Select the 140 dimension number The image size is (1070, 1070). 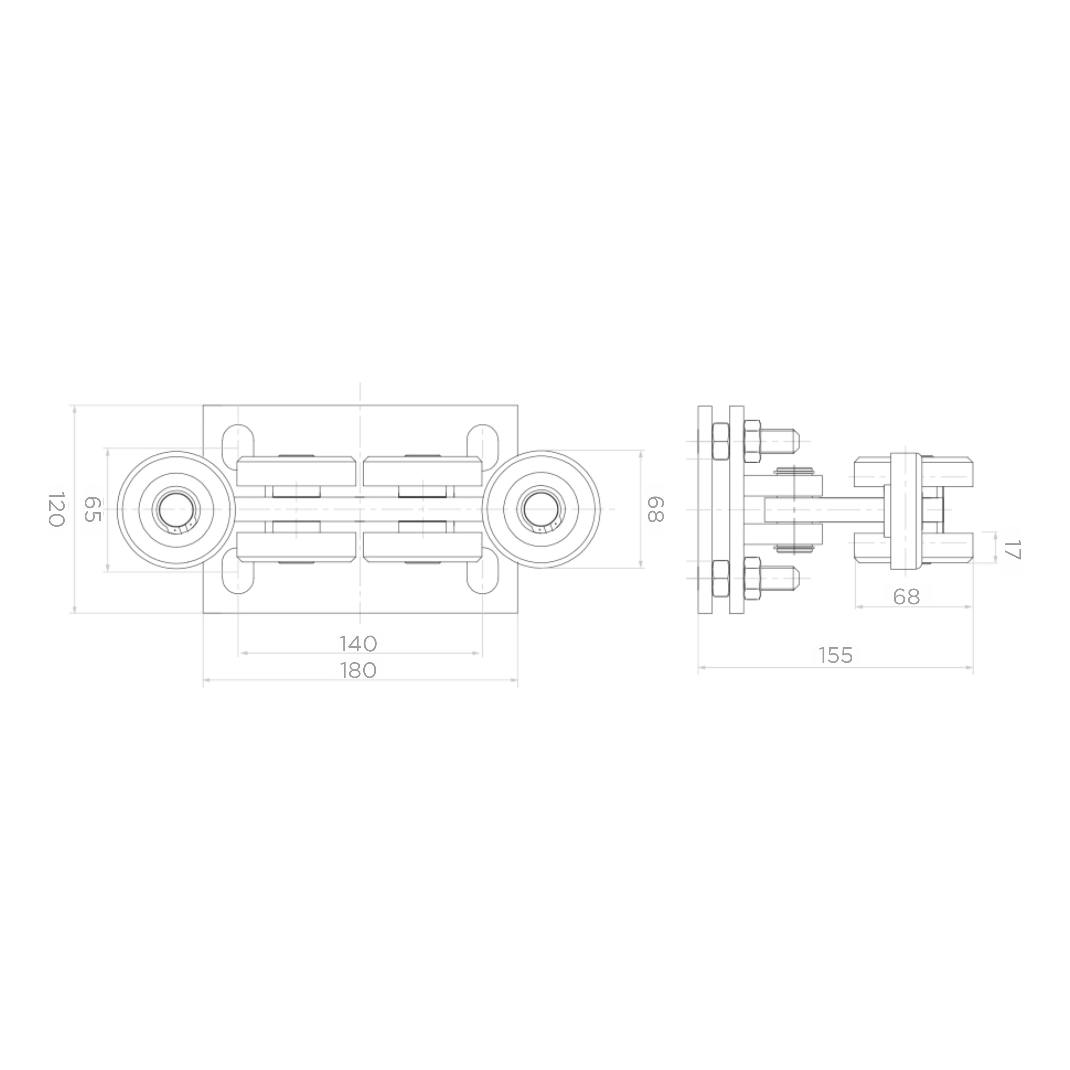pos(358,643)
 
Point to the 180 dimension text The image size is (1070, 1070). pos(358,670)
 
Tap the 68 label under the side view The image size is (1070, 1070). pos(907,597)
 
